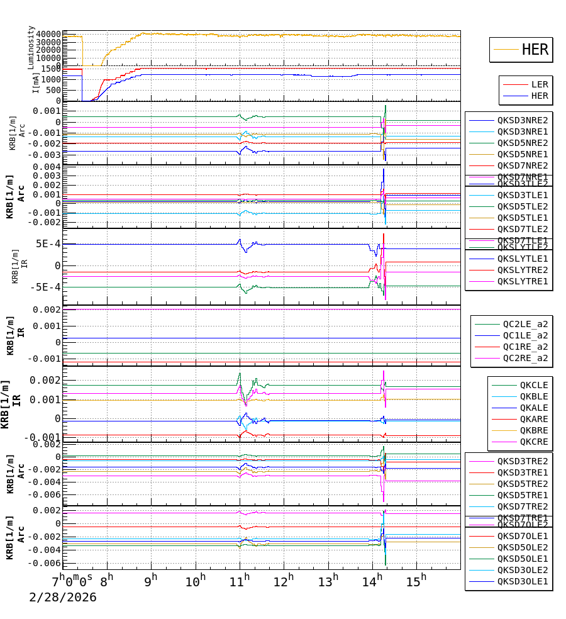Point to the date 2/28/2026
tap(63, 597)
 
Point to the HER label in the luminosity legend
tap(535, 50)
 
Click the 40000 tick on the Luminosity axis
tap(48, 34)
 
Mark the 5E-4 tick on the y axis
tap(48, 244)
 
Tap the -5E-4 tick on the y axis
tap(46, 287)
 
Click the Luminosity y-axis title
tap(31, 47)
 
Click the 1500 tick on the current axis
tap(50, 69)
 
